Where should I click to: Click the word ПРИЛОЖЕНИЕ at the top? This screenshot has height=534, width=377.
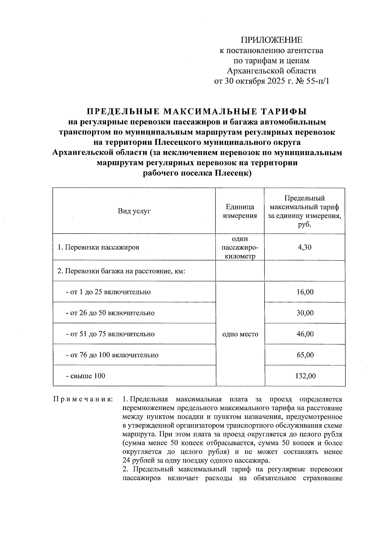[271, 40]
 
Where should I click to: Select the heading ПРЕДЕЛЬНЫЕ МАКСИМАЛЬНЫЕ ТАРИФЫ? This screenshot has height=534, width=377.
[197, 112]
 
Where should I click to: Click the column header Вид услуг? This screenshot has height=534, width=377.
[134, 211]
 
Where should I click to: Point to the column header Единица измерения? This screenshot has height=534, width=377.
[240, 211]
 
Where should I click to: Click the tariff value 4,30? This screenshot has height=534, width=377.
[304, 247]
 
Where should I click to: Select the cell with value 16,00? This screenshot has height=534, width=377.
[305, 292]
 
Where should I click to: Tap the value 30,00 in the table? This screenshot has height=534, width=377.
[305, 313]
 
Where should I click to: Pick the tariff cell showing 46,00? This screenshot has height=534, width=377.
[305, 334]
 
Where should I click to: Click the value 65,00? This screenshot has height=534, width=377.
[305, 355]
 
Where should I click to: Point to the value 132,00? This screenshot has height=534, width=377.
[305, 376]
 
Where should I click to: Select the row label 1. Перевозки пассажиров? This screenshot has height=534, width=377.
[98, 247]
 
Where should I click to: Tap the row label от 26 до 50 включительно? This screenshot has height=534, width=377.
[110, 313]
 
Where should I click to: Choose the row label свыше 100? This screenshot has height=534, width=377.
[85, 376]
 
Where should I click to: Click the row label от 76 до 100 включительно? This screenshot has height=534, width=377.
[112, 355]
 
